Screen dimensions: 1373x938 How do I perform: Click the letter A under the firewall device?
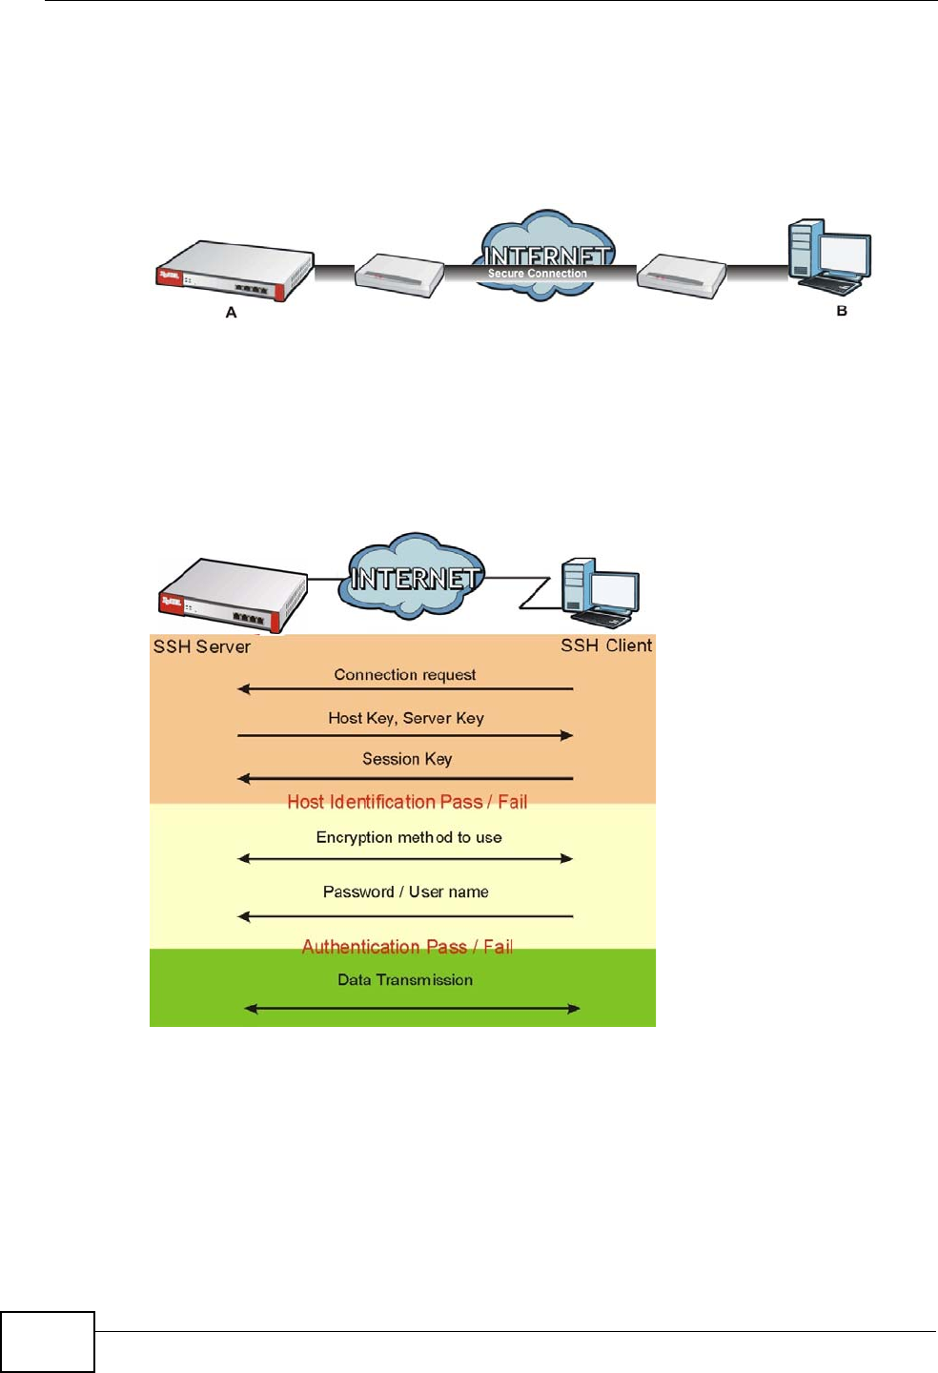coord(231,313)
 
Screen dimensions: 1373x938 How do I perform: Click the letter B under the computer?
coord(842,311)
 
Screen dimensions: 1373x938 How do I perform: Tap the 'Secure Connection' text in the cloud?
coord(538,274)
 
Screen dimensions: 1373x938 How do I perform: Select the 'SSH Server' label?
coord(202,646)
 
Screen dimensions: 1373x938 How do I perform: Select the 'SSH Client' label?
coord(606,646)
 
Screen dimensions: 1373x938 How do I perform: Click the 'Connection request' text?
coord(405,675)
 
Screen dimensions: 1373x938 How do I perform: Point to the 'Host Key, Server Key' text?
coord(406,718)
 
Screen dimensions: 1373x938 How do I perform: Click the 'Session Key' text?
coord(407,759)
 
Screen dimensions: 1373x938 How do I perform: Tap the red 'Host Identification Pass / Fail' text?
coord(407,802)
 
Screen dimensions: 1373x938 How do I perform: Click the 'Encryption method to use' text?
coord(409,837)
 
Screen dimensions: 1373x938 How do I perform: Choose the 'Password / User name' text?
coord(406,891)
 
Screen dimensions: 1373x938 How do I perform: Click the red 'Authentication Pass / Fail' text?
coord(407,947)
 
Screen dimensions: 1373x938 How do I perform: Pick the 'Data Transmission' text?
coord(405,979)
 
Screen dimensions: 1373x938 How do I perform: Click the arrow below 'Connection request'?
coord(405,688)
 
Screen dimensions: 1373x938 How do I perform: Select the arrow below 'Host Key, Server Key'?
coord(405,735)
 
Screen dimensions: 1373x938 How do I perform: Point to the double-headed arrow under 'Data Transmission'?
coord(412,1008)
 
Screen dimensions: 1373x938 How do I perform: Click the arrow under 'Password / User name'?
coord(405,916)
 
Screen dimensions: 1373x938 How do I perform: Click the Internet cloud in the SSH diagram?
coord(412,576)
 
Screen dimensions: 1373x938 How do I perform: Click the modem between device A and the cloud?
coord(399,275)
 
